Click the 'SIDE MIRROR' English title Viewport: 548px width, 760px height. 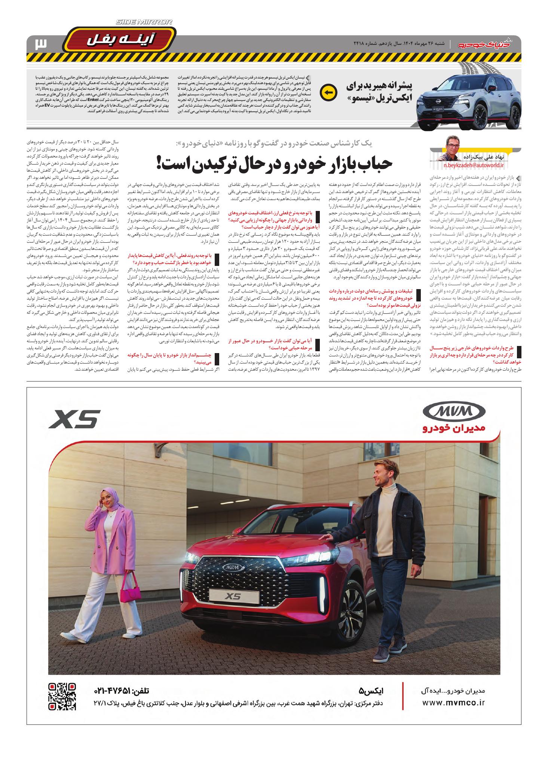tap(144, 23)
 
